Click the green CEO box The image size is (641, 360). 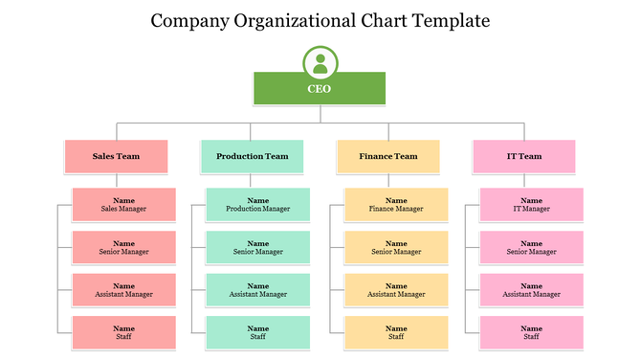(320, 89)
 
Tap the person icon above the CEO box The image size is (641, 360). (320, 63)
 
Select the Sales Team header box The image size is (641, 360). (116, 156)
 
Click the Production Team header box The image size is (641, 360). (252, 156)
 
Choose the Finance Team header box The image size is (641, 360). (388, 156)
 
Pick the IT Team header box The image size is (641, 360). (524, 156)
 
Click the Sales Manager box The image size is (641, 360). (123, 204)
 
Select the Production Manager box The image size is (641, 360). (258, 204)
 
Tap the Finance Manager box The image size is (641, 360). (396, 204)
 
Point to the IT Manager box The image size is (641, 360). (532, 204)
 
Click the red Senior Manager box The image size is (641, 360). (123, 247)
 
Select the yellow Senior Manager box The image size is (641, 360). (396, 247)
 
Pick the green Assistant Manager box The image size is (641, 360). (258, 290)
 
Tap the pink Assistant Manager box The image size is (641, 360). (532, 290)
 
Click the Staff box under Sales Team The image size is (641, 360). (123, 332)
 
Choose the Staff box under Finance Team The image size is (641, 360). (396, 332)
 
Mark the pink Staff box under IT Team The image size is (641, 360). (532, 332)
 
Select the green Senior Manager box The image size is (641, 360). (258, 247)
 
